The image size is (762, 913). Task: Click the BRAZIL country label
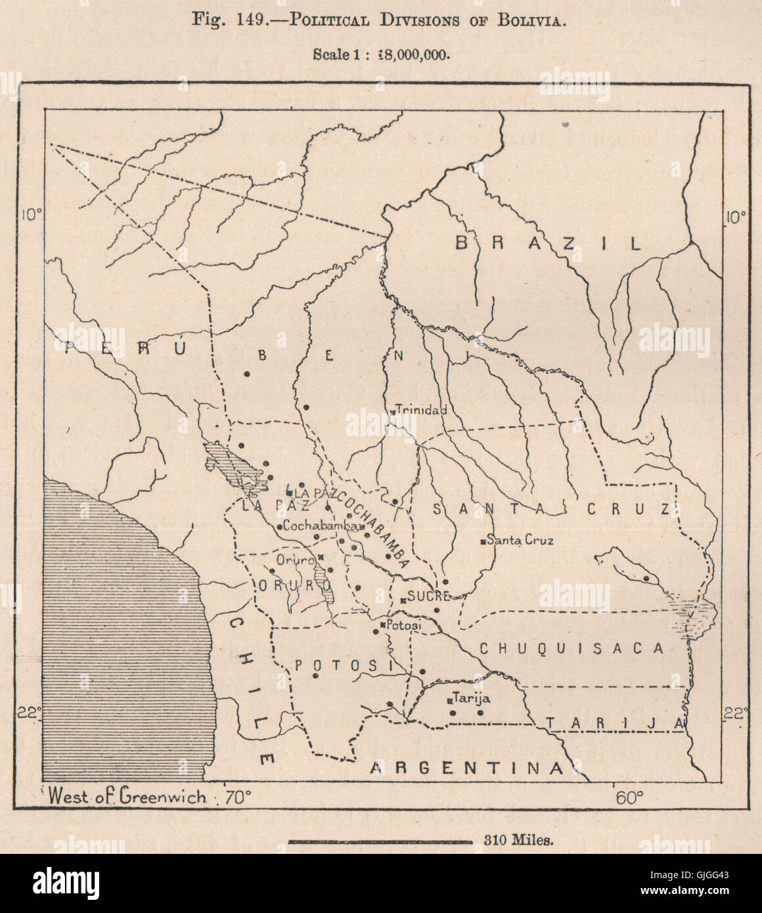(549, 244)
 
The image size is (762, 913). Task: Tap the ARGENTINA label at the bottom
(466, 768)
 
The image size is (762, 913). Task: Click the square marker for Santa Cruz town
(483, 541)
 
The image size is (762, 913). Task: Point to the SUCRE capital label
(428, 597)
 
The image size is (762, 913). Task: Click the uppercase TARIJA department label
(615, 723)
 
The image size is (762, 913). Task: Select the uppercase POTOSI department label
(343, 666)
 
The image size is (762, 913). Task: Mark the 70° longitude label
(238, 798)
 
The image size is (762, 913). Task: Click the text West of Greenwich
(127, 797)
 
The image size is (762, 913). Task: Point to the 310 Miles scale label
(519, 840)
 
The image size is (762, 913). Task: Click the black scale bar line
(380, 841)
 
